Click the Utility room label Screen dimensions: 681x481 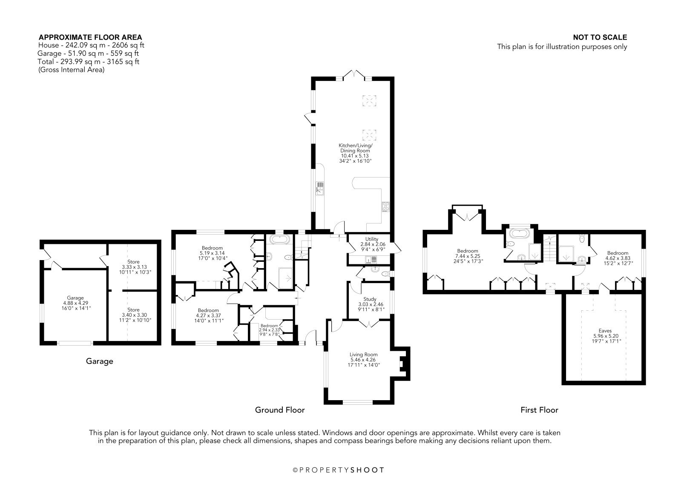coord(371,239)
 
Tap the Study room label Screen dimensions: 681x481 coord(370,299)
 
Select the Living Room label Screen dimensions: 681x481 coord(364,355)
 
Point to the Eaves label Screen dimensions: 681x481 coord(605,331)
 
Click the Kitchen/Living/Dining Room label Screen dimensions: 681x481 coord(355,148)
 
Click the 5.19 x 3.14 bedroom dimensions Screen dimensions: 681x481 coord(212,253)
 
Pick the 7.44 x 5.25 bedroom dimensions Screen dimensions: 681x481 coord(468,256)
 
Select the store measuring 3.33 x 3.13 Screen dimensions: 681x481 coord(133,267)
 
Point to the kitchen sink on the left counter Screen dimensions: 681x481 coord(319,188)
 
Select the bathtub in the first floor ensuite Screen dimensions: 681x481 coord(520,233)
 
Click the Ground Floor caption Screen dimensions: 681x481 coord(280,410)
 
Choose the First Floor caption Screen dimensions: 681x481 coord(539,410)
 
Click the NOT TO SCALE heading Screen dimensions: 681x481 coord(600,37)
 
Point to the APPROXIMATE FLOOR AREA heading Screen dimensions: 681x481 coord(90,37)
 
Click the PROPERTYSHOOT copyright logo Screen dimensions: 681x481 coord(339,470)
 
